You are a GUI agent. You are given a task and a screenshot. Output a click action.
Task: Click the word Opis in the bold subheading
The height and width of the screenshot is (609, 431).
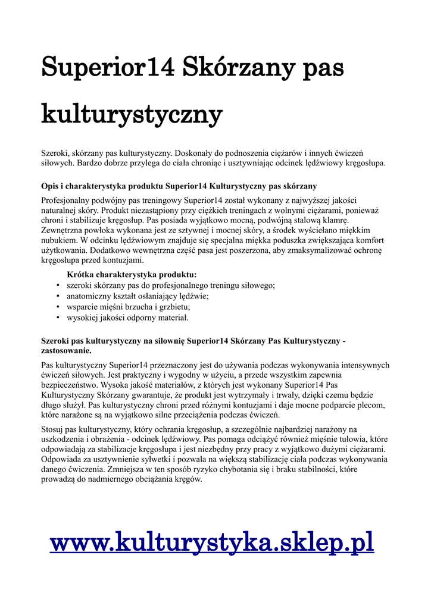click(51, 186)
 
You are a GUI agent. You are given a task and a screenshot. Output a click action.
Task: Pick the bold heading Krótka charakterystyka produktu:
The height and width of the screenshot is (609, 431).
click(132, 275)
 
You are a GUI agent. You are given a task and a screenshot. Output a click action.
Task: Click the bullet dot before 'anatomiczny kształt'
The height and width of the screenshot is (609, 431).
click(58, 296)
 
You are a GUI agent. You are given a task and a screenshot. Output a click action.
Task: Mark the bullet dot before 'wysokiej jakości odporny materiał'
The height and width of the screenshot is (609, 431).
click(58, 318)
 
